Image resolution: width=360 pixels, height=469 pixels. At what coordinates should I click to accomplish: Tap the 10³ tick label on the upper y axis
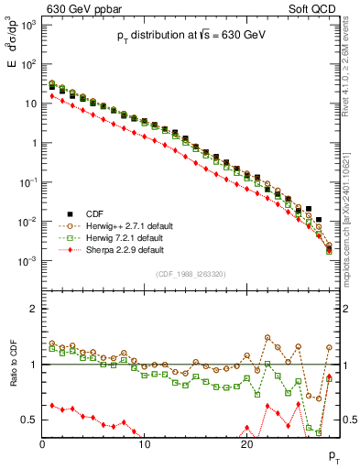pyautogui.click(x=27, y=25)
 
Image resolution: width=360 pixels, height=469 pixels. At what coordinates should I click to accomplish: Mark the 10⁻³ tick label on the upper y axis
pyautogui.click(x=27, y=262)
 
